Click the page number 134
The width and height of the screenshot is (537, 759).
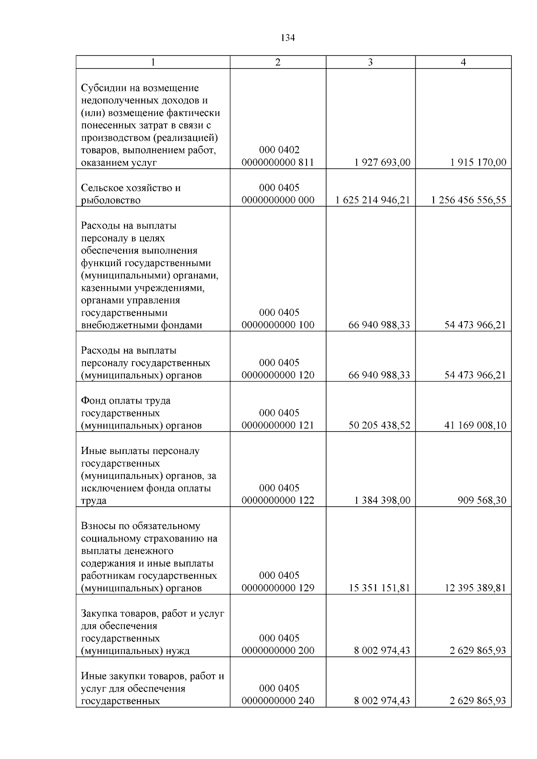point(288,38)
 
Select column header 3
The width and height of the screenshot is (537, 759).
point(370,62)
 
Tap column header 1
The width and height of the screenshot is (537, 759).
point(153,62)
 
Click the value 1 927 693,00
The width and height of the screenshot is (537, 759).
point(382,162)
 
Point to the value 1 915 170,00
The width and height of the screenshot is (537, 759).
point(478,162)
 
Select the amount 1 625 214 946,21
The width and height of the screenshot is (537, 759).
point(372,200)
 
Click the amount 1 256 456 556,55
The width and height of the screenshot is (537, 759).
point(469,200)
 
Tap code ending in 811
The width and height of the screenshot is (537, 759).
point(278,162)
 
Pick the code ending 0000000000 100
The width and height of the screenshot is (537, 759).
point(278,325)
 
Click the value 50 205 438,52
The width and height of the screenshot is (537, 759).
point(379,425)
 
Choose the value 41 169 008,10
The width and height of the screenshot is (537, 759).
point(475,425)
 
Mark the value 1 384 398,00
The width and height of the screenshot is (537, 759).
point(382,500)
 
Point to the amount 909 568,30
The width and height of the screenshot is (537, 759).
point(482,500)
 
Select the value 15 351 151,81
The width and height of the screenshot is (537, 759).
point(379,588)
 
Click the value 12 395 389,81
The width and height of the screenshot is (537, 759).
point(475,588)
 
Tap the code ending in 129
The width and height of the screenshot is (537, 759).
point(278,588)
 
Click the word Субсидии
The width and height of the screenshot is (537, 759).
point(102,88)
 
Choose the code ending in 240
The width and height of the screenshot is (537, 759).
point(278,701)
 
